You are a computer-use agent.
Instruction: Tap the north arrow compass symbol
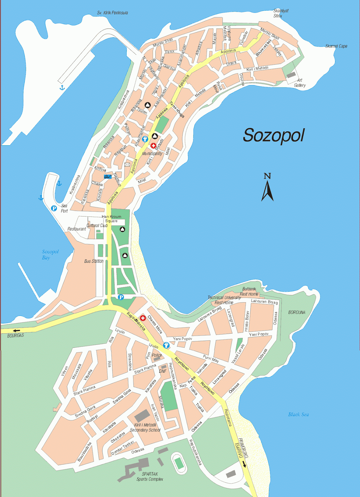pyautogui.click(x=267, y=188)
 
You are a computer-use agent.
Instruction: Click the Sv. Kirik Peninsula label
pyautogui.click(x=112, y=13)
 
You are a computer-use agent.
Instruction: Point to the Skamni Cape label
pyautogui.click(x=336, y=46)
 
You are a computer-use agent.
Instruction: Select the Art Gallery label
pyautogui.click(x=300, y=83)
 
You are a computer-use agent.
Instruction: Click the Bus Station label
pyautogui.click(x=94, y=261)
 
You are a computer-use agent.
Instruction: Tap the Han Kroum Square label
pyautogui.click(x=111, y=219)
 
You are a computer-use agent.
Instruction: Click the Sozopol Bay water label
pyautogui.click(x=50, y=254)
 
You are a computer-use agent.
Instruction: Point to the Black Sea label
pyautogui.click(x=298, y=414)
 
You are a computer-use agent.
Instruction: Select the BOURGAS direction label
pyautogui.click(x=16, y=336)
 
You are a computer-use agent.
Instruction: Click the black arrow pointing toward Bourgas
pyautogui.click(x=16, y=331)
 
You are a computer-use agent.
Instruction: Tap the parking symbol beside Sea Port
pyautogui.click(x=54, y=208)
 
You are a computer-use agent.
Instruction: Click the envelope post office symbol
pyautogui.click(x=127, y=164)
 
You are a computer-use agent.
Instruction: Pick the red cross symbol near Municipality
pyautogui.click(x=153, y=145)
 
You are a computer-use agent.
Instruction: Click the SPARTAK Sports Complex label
pyautogui.click(x=150, y=476)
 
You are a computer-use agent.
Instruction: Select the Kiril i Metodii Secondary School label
pyautogui.click(x=145, y=427)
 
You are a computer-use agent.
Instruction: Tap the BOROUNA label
pyautogui.click(x=297, y=312)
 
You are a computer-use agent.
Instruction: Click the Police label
pyautogui.click(x=157, y=355)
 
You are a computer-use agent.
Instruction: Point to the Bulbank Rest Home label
pyautogui.click(x=249, y=291)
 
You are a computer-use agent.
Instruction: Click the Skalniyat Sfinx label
pyautogui.click(x=281, y=13)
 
